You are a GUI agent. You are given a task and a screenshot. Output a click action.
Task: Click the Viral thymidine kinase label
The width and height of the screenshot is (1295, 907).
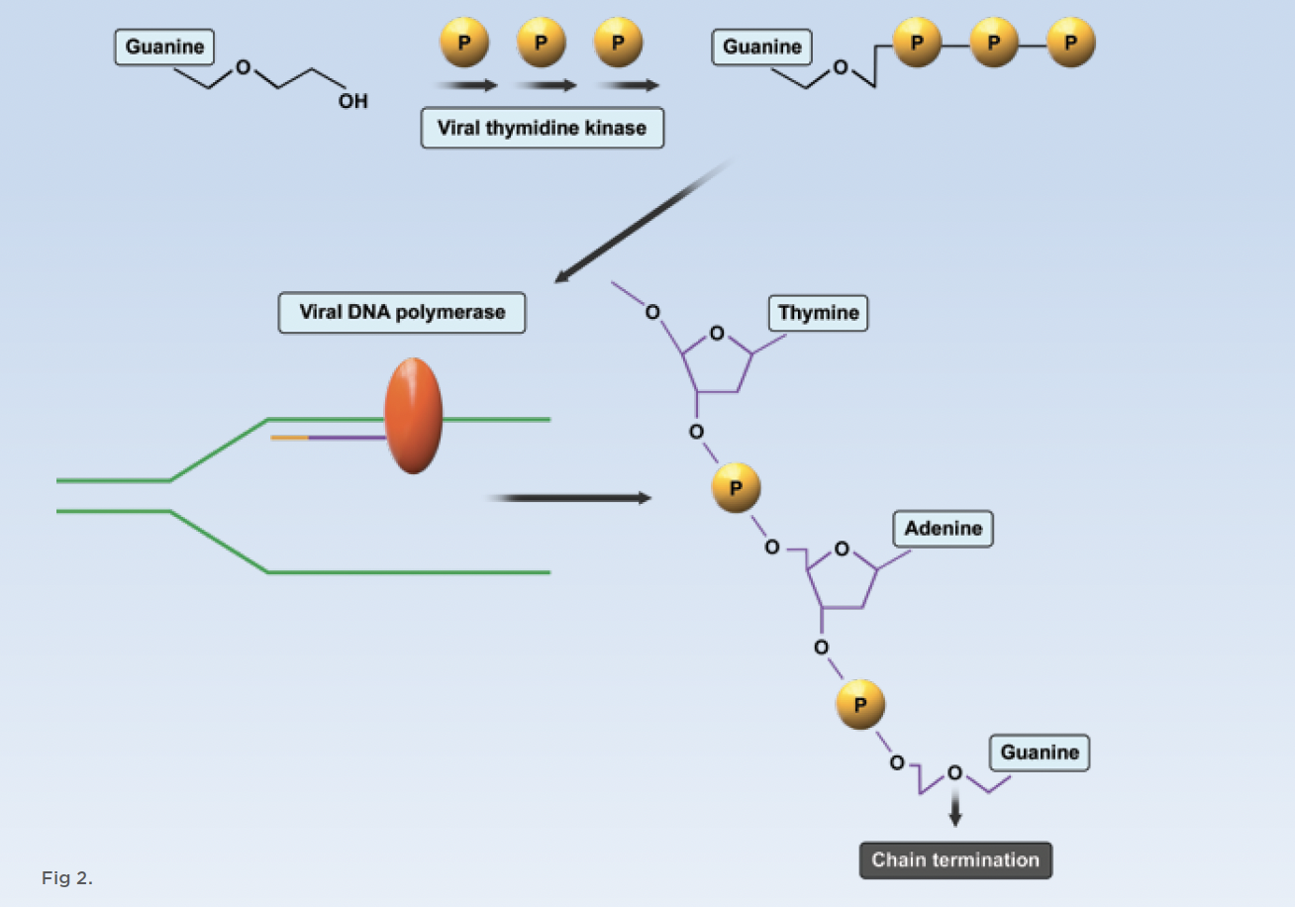pos(542,128)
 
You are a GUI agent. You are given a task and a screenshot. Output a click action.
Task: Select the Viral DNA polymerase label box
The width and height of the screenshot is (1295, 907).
pos(402,313)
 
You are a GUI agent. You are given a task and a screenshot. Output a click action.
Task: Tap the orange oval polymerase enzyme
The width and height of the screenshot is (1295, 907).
pos(414,416)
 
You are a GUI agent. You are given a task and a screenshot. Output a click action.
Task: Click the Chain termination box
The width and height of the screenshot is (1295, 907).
pos(955,859)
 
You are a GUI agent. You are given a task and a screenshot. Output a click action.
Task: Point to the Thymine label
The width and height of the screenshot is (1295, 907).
pos(818,313)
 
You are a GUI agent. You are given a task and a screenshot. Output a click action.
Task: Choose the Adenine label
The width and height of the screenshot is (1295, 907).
pos(943,529)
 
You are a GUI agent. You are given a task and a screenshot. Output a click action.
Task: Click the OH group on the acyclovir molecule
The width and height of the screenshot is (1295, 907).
pos(352,101)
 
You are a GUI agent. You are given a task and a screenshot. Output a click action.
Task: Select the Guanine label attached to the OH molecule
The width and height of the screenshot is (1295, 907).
pos(164,47)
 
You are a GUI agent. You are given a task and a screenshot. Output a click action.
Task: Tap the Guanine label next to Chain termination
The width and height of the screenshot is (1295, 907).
pos(1040,753)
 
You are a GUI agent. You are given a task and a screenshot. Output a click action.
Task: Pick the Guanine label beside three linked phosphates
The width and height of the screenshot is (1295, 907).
pos(761,48)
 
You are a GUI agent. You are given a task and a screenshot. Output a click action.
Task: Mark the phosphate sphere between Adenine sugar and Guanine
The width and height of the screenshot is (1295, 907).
pos(860,704)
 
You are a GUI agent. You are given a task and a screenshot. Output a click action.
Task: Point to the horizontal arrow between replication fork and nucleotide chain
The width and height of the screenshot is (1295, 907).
pos(568,498)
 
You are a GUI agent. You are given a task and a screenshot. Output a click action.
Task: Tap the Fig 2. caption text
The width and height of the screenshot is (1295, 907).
pos(66,877)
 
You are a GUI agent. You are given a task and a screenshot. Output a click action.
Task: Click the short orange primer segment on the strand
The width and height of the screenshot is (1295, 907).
pos(289,437)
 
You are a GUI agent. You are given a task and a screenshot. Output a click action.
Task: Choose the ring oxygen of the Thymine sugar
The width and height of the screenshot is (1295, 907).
pos(717,333)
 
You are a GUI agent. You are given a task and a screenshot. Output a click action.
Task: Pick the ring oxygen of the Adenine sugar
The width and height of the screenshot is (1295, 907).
pos(841,548)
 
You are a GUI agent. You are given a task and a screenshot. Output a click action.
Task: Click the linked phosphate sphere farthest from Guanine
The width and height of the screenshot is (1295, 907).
pos(1071,44)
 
